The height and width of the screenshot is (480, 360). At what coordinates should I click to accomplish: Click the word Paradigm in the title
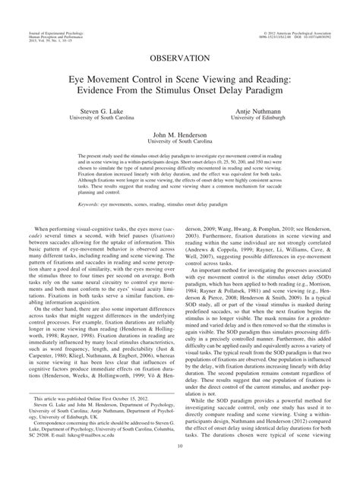coord(272,91)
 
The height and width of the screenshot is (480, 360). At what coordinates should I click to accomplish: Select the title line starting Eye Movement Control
coord(180,78)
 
